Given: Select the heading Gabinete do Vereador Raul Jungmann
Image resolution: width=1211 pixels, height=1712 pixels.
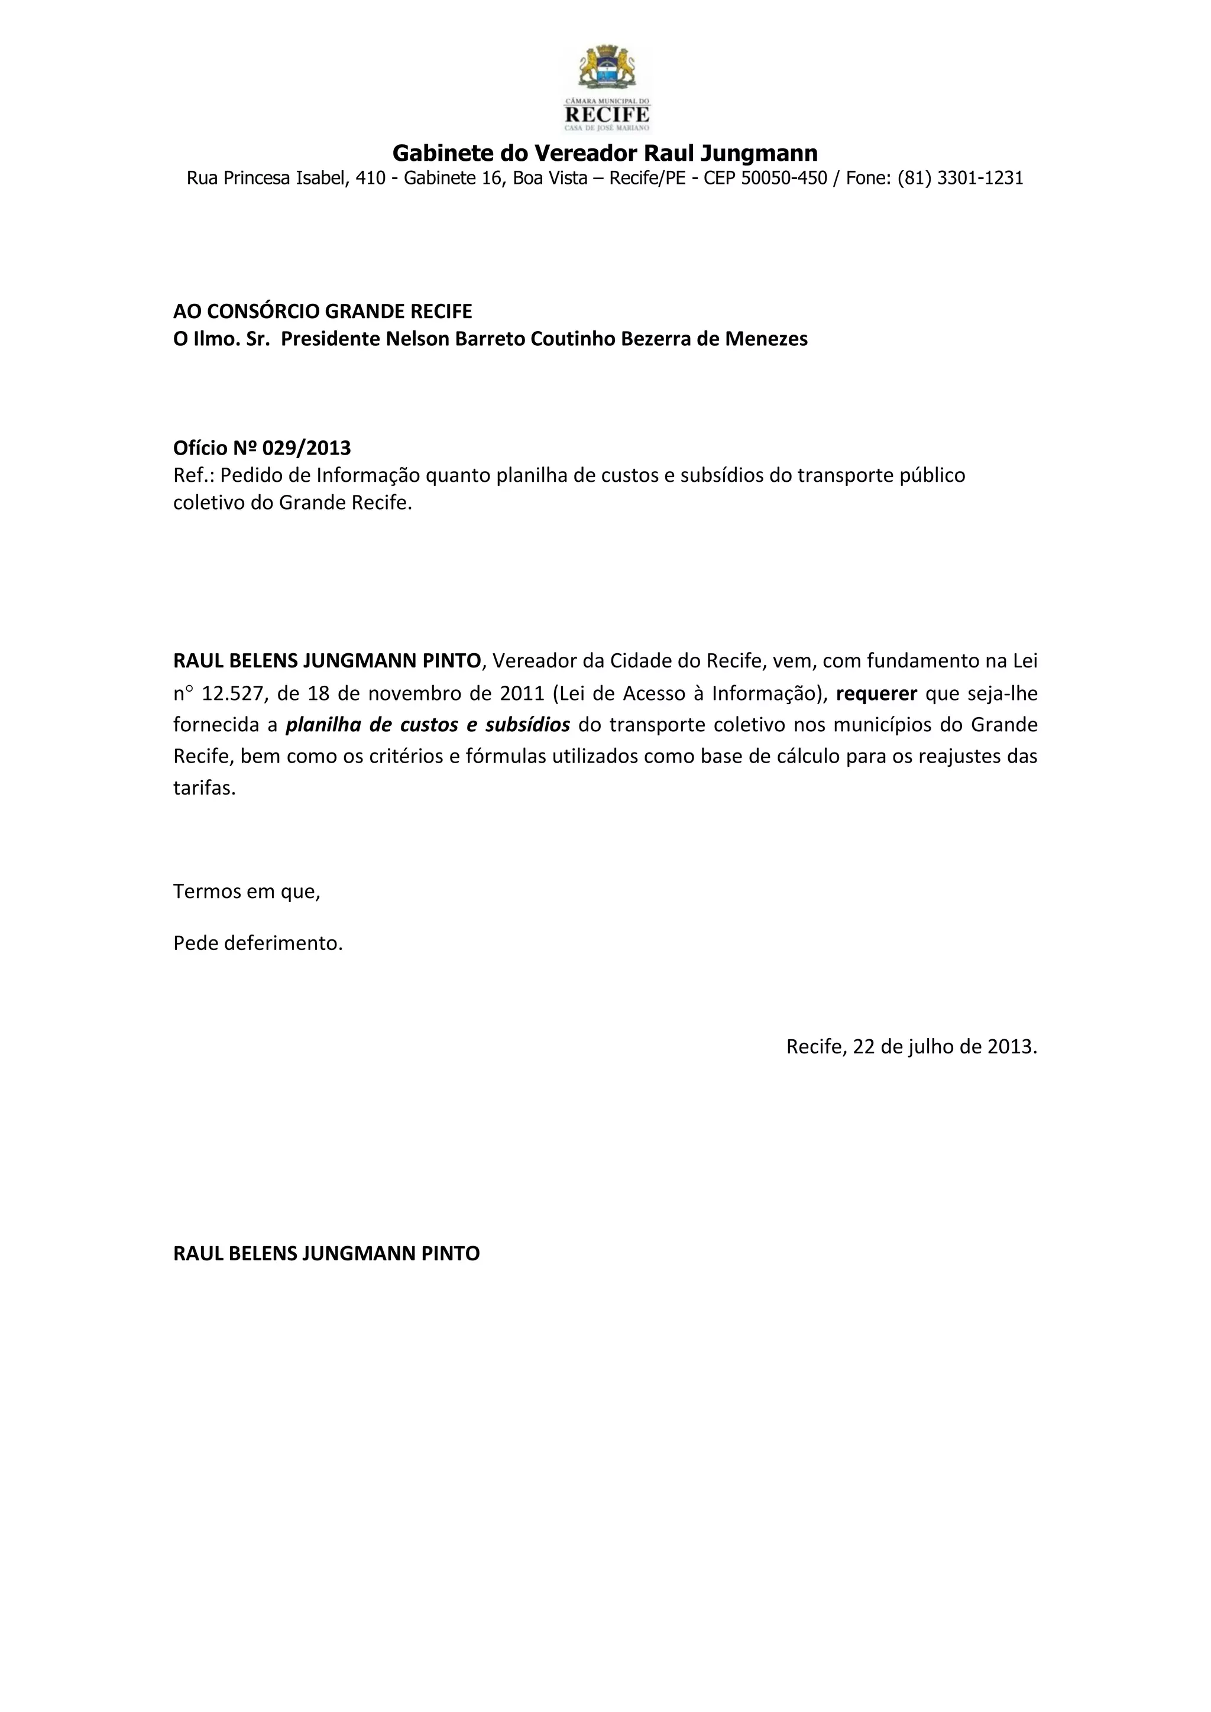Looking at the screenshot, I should pyautogui.click(x=605, y=154).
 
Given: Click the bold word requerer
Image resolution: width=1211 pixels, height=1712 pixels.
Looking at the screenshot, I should pyautogui.click(x=876, y=694).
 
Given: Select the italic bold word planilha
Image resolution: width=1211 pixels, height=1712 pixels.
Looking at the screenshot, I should pyautogui.click(x=323, y=725).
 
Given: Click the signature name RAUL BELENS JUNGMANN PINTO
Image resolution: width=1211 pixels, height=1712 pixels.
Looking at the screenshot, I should pyautogui.click(x=326, y=1253).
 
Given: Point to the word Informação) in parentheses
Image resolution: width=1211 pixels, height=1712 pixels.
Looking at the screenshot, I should pyautogui.click(x=770, y=694).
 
